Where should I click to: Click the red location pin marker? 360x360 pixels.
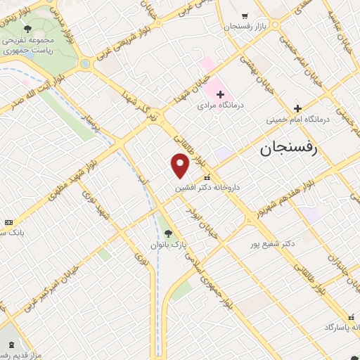click(x=180, y=166)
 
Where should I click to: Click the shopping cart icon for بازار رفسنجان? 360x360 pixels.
click(x=244, y=15)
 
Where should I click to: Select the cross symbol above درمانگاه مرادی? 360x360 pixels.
click(x=219, y=94)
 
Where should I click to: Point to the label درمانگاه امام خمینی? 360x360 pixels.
click(x=297, y=120)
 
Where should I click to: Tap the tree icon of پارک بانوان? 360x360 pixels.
click(x=167, y=233)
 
